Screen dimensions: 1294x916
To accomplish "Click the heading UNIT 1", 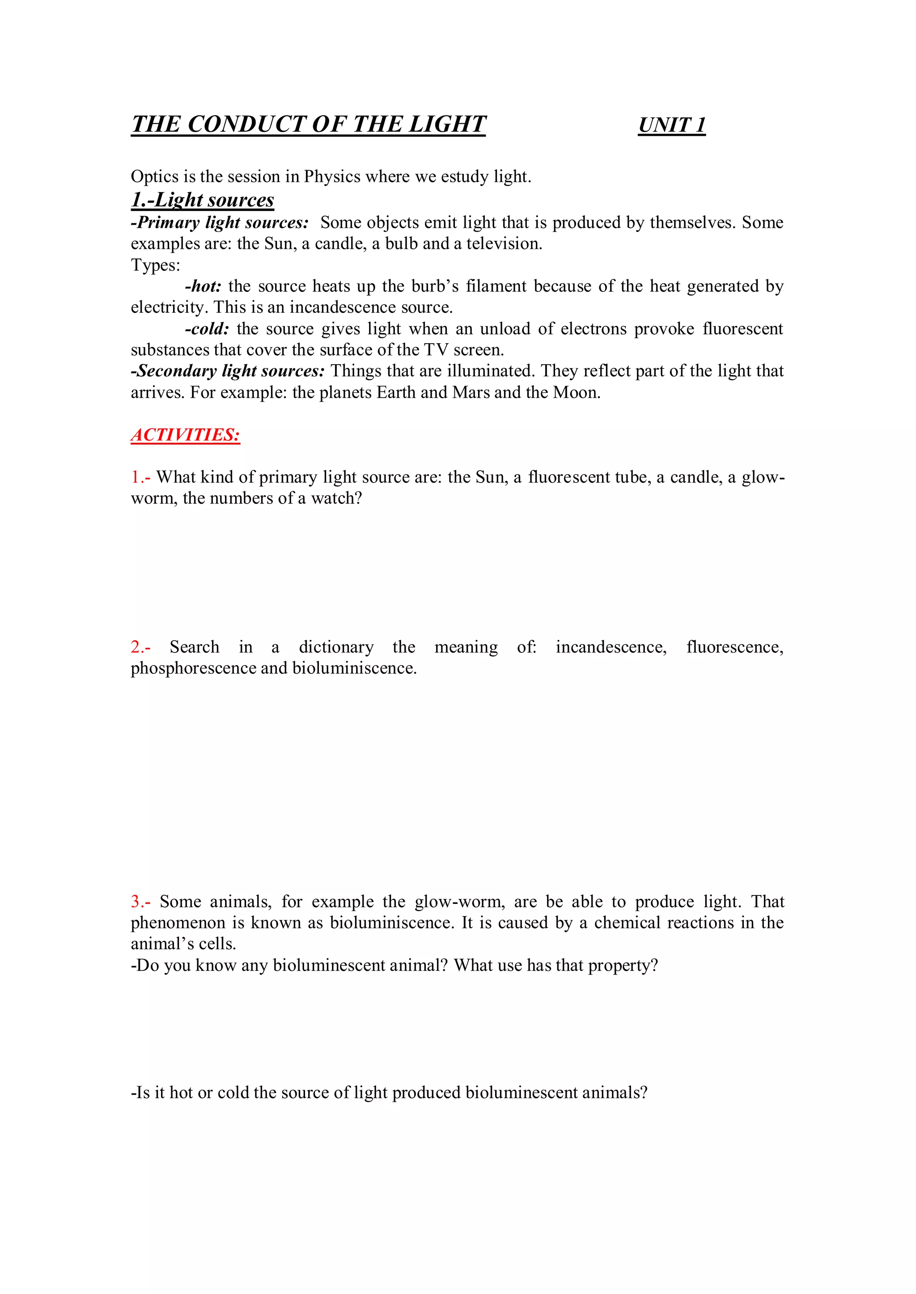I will [x=671, y=125].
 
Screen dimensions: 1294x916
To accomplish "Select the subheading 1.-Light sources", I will [x=203, y=200].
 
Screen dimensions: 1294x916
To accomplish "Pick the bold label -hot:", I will [x=203, y=286].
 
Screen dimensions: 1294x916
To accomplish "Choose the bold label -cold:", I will [x=207, y=328].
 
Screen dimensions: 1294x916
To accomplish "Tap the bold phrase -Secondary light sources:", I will [x=228, y=371].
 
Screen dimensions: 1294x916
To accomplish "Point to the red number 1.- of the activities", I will [x=140, y=477].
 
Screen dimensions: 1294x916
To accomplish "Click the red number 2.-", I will [x=140, y=647].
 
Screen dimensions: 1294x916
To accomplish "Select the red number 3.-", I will [x=140, y=902].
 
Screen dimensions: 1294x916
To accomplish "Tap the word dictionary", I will [x=336, y=647].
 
